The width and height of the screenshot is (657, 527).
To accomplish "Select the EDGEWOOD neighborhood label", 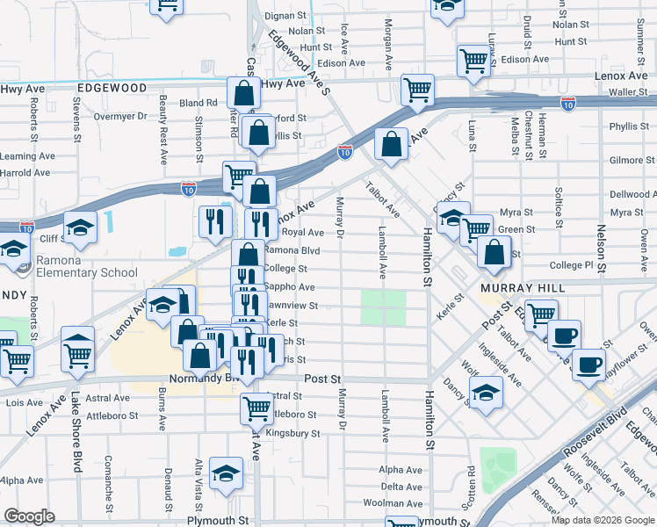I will (112, 89).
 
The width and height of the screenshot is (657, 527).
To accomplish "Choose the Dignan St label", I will (292, 16).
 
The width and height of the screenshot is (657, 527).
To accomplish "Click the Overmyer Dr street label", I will (119, 116).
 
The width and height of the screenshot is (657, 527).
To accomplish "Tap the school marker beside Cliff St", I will (80, 227).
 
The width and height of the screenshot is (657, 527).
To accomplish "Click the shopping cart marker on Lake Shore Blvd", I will (78, 352).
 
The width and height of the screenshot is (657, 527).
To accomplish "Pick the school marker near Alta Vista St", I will (227, 473).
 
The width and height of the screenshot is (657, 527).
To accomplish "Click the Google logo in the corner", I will (29, 516).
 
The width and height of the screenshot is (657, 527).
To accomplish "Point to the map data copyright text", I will (603, 520).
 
